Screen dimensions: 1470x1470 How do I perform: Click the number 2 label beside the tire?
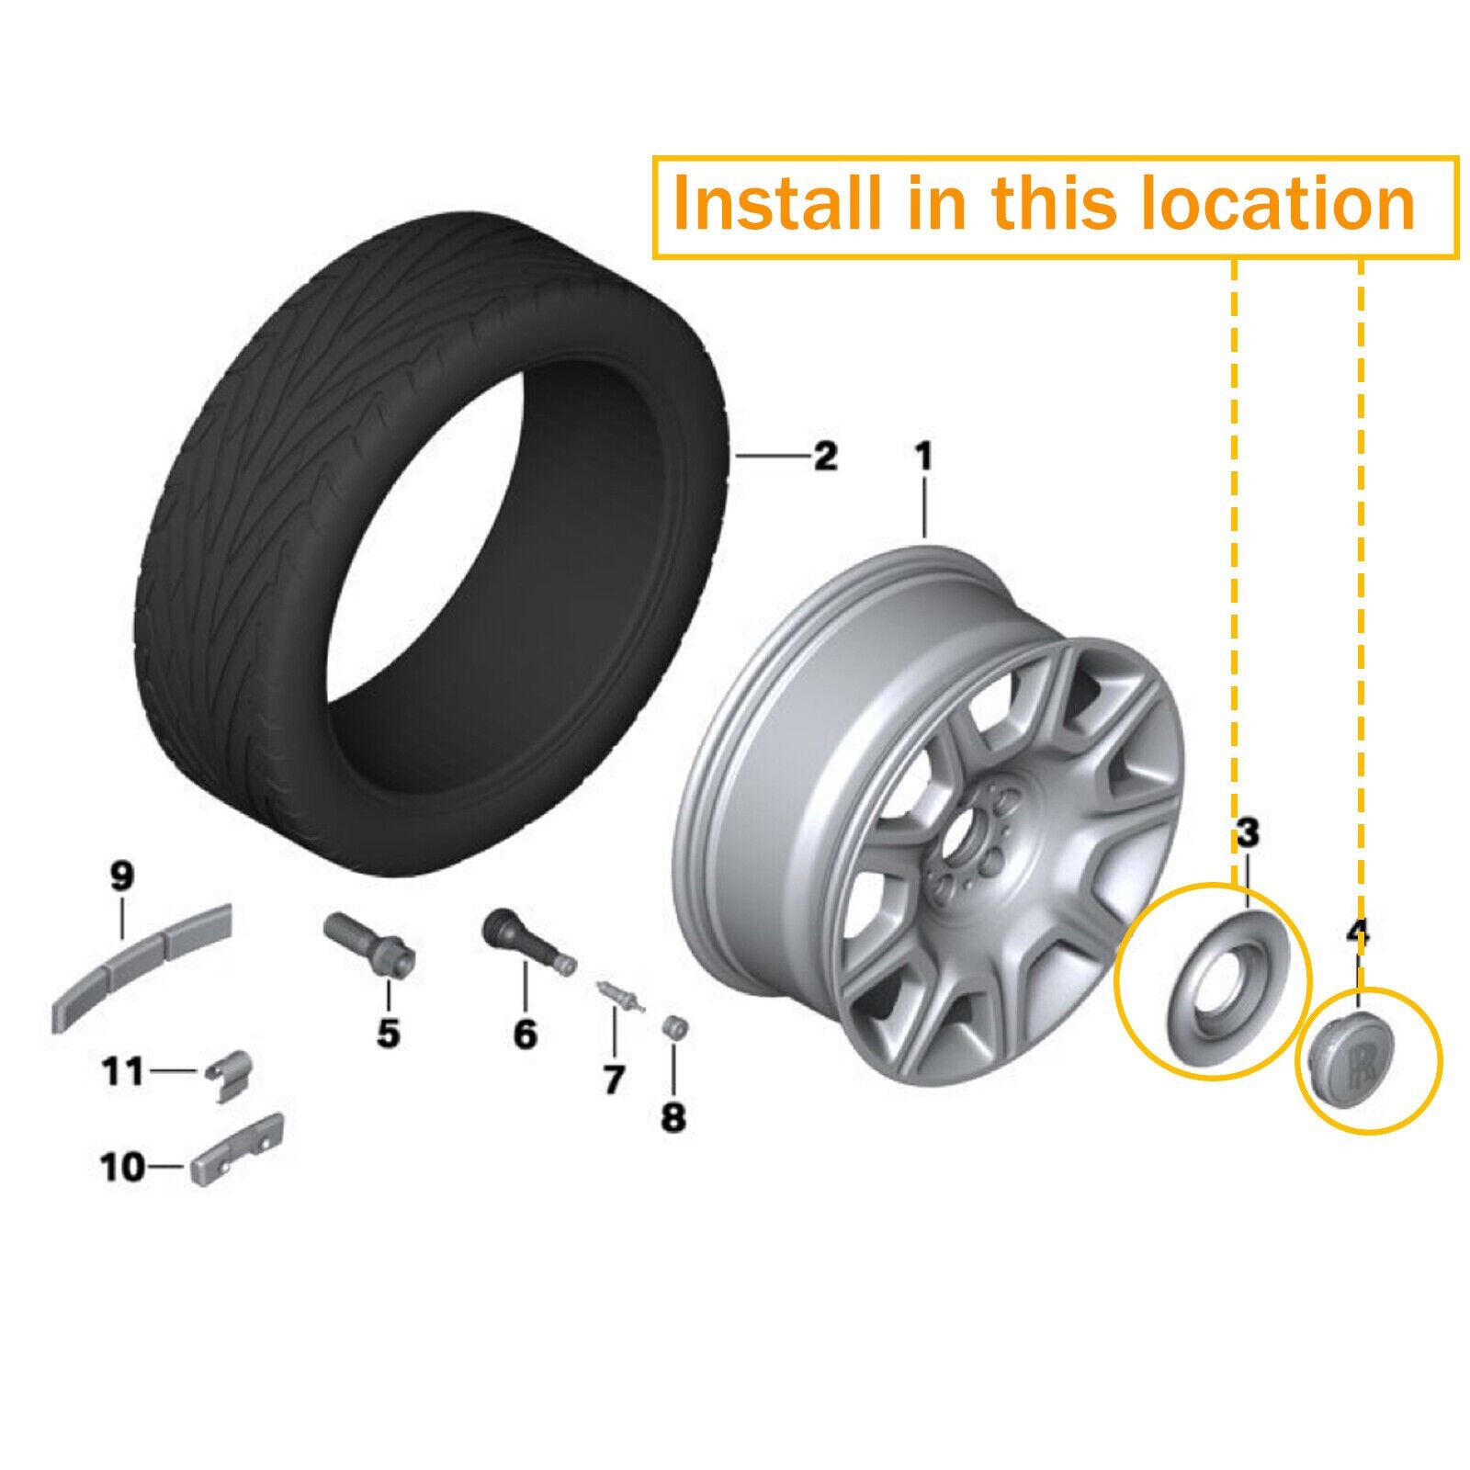(825, 456)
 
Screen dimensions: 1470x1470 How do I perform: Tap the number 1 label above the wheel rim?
(922, 457)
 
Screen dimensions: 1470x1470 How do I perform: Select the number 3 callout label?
(1247, 834)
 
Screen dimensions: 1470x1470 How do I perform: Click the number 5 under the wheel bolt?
(388, 1033)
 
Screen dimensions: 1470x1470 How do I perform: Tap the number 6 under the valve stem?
(525, 1034)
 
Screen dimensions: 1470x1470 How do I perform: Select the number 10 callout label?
(123, 1168)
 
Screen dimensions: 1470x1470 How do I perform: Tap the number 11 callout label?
(123, 1071)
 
